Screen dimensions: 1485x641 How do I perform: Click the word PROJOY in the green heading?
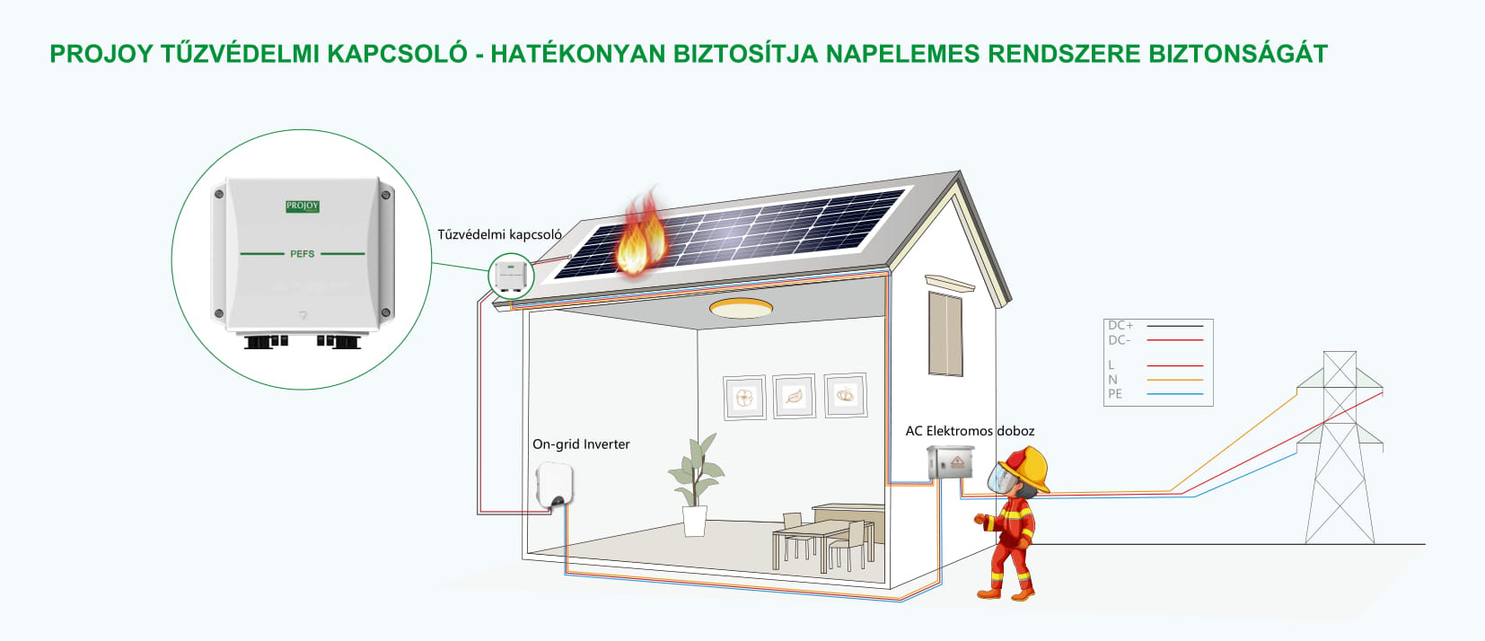(x=101, y=55)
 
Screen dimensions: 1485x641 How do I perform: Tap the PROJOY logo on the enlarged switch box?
(x=303, y=206)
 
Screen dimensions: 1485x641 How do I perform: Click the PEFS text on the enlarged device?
(x=303, y=254)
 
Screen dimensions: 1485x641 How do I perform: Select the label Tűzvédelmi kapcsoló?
(x=499, y=234)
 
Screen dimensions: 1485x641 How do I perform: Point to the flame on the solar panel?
(x=641, y=232)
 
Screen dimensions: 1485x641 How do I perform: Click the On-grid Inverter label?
(x=581, y=444)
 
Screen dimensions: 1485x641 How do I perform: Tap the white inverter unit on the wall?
(x=554, y=485)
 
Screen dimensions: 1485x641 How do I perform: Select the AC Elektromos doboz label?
(x=970, y=431)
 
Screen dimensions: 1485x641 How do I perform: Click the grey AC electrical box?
(x=950, y=462)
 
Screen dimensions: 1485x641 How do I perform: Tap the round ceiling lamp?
(x=741, y=308)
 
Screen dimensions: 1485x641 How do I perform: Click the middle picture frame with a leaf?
(x=794, y=397)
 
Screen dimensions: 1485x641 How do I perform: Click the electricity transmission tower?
(x=1340, y=447)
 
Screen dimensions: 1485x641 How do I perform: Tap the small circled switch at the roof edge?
(x=511, y=276)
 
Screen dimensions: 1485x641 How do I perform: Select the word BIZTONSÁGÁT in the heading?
(x=1238, y=55)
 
